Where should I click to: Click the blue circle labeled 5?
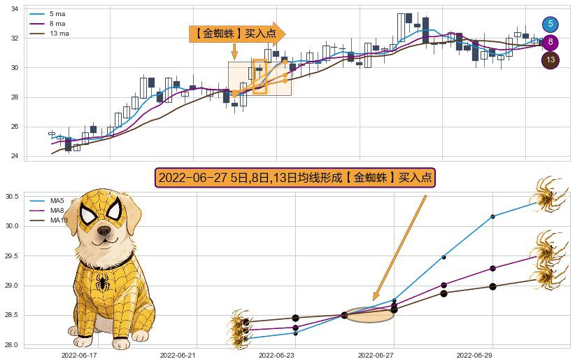tap(551, 24)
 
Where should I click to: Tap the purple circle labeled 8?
tap(551, 42)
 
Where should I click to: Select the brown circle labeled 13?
tap(551, 60)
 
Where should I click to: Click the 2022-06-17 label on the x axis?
tap(79, 356)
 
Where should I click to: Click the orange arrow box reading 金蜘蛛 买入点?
tap(236, 33)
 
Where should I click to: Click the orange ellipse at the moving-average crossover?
tap(370, 315)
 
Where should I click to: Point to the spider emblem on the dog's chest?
tap(103, 283)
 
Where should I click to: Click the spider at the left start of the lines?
tap(239, 327)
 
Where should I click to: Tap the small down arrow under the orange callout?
tap(234, 52)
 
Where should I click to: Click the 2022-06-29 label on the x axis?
tap(493, 356)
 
